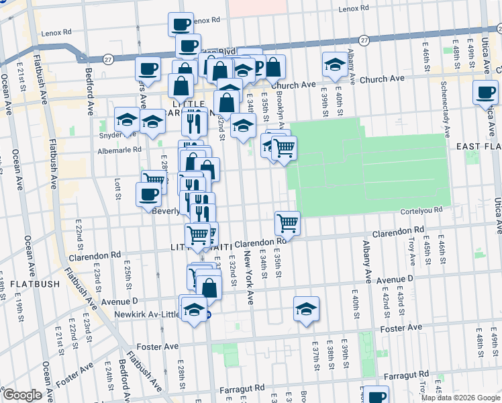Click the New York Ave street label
[249, 278]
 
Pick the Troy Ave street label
[412, 253]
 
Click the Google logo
[22, 395]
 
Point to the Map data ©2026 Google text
[460, 398]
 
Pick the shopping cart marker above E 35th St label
[287, 222]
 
